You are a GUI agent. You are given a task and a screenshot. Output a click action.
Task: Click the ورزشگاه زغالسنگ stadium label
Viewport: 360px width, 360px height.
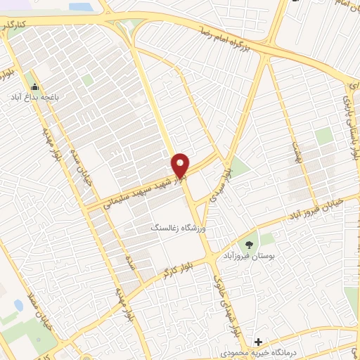175,229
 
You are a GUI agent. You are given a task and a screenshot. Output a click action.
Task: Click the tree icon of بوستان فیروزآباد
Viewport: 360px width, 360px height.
247,245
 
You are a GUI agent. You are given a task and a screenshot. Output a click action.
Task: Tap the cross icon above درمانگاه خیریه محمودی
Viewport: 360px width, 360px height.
259,341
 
